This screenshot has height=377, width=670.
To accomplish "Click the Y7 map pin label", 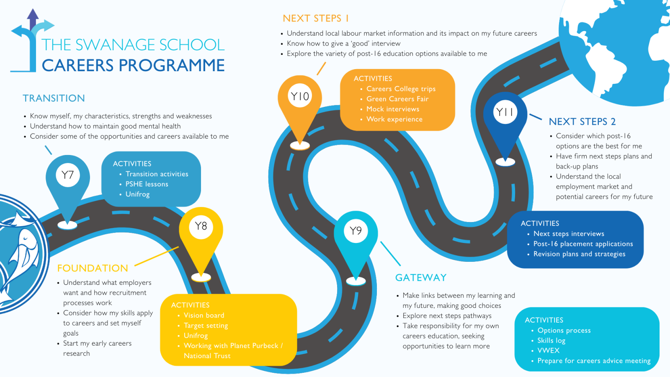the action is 67,175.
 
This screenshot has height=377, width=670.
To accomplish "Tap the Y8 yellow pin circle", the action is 201,226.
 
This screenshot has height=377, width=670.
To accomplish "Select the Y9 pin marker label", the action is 356,231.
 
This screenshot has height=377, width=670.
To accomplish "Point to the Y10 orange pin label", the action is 300,96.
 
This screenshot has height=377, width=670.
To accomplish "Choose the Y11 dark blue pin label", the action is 505,112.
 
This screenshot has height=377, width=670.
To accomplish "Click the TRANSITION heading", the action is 54,98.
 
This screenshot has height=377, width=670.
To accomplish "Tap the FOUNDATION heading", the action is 93,268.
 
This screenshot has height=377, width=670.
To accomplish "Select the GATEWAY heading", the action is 420,278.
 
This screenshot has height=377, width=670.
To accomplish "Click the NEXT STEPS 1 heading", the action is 316,18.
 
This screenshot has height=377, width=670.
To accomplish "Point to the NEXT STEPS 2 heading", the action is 582,122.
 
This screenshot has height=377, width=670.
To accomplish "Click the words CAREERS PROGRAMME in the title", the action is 133,65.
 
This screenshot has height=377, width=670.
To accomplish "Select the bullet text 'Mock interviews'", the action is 393,109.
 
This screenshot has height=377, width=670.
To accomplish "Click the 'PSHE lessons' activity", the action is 147,184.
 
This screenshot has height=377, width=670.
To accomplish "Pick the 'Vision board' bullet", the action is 204,315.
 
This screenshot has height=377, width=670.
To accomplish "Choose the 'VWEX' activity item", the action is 548,350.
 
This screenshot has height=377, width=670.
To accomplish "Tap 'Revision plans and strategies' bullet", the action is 580,254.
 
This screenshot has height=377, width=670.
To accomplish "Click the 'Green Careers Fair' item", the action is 397,99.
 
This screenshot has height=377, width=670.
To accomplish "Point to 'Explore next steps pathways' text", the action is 447,316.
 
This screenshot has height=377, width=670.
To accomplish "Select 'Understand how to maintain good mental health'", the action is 105,126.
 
